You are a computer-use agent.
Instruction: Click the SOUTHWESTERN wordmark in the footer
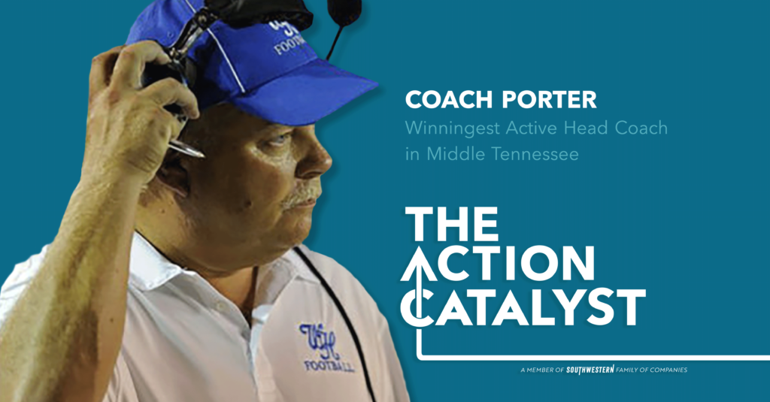[587, 370]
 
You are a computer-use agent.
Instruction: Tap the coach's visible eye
[280, 140]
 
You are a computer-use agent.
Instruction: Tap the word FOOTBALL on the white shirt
[329, 366]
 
